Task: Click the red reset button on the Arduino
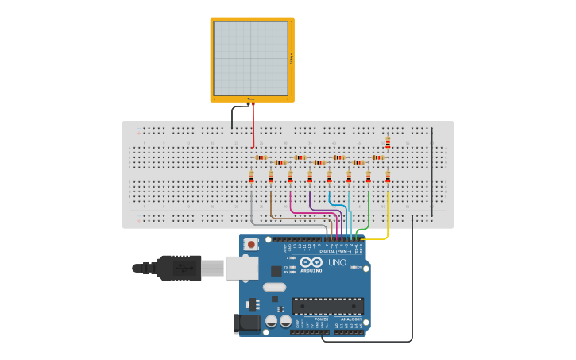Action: (251, 245)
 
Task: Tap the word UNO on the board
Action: (337, 262)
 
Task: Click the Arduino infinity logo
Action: (311, 262)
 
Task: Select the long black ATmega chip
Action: (327, 306)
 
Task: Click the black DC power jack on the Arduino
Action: (247, 323)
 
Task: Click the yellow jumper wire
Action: (387, 215)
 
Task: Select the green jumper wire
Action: (368, 211)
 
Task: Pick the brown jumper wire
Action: (272, 208)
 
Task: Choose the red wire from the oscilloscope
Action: (253, 127)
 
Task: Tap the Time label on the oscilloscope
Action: (250, 99)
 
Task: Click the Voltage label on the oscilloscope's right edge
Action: (292, 59)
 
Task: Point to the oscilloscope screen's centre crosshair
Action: (251, 58)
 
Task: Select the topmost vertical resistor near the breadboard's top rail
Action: (388, 143)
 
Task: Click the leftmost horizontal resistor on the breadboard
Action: (260, 157)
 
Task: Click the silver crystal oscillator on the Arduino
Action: (273, 287)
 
